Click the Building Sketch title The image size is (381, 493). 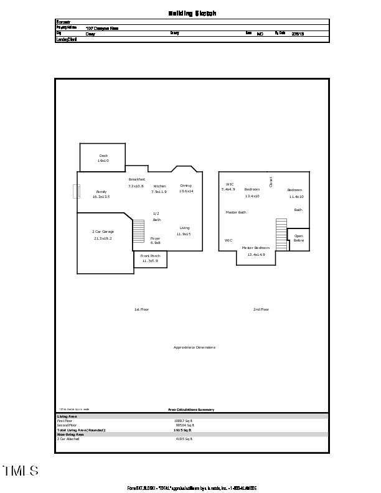click(x=192, y=13)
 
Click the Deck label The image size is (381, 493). click(x=103, y=156)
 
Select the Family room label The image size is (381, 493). click(x=101, y=192)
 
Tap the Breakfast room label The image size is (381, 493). click(x=136, y=179)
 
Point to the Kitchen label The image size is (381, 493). click(x=159, y=186)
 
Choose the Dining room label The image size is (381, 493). click(x=186, y=185)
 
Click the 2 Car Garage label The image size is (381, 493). click(x=103, y=232)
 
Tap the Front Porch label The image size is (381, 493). click(x=150, y=256)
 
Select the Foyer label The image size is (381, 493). click(x=156, y=238)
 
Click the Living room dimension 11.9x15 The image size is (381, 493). click(x=184, y=234)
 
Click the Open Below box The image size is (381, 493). click(x=299, y=238)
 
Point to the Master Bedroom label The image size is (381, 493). click(x=256, y=248)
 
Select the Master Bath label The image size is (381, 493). click(x=236, y=212)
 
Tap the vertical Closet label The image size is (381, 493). click(x=271, y=182)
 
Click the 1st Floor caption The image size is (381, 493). click(x=141, y=309)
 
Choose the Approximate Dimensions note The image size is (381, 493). click(x=194, y=347)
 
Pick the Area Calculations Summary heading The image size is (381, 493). click(x=191, y=410)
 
